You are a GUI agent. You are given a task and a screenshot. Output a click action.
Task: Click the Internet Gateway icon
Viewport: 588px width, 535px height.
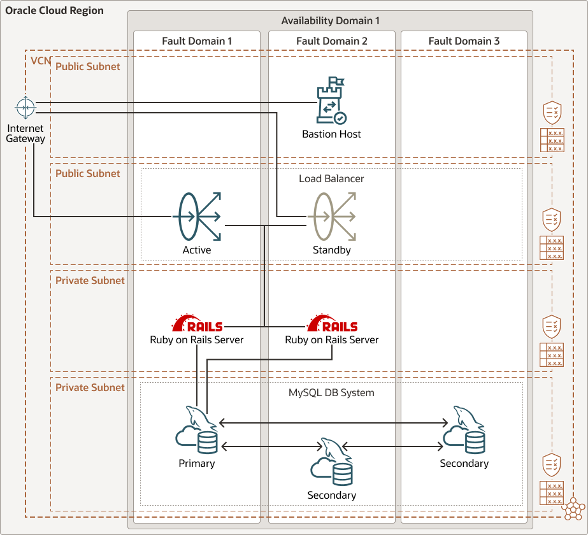(25, 108)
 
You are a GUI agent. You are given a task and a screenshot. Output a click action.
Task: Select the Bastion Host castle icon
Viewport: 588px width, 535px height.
(331, 101)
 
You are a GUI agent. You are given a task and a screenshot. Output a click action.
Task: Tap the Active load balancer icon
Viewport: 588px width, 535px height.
(197, 217)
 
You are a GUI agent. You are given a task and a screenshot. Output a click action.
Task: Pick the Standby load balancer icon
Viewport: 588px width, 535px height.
(332, 217)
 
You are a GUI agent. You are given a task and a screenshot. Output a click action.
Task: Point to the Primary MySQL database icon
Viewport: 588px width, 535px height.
(197, 430)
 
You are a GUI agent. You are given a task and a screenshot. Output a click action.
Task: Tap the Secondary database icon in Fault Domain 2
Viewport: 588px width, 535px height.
(332, 462)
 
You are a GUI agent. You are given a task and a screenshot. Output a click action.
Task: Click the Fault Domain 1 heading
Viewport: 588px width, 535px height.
(197, 41)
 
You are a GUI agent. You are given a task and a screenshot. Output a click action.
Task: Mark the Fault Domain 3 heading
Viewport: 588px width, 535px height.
(464, 41)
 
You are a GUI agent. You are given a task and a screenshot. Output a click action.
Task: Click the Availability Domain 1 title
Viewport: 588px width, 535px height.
(331, 21)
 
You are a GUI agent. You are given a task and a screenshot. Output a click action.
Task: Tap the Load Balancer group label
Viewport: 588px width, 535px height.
(331, 179)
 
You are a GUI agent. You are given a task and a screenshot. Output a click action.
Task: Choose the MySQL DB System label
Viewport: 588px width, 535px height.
(331, 393)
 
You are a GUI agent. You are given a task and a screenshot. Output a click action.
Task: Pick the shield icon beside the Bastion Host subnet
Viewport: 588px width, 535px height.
(552, 113)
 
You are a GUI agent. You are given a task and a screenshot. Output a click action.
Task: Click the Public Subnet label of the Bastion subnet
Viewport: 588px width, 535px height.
(87, 67)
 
